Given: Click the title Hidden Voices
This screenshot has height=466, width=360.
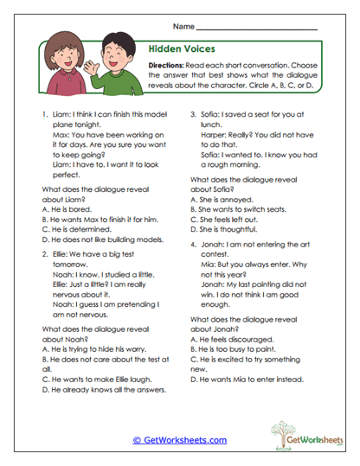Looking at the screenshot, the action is click(x=176, y=50).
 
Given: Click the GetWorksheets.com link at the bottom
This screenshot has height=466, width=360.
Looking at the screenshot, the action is click(x=179, y=439).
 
